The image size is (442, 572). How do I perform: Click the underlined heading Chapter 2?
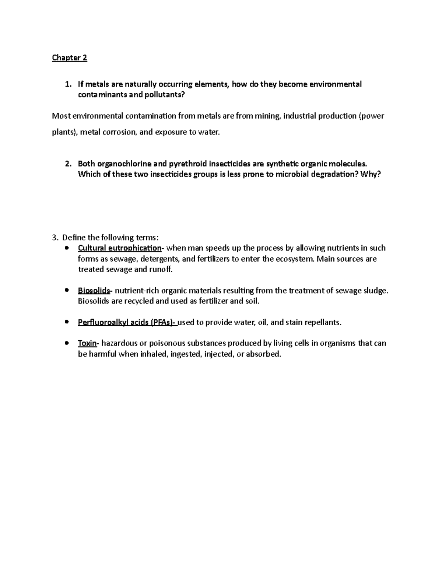tap(70, 58)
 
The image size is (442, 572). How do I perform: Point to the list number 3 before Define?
tap(55, 237)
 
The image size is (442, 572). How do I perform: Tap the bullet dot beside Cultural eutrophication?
tap(67, 248)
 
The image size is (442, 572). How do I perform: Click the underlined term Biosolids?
tap(94, 291)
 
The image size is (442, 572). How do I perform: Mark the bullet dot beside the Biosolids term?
tap(67, 290)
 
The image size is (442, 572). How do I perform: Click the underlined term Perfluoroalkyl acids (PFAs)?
tap(127, 323)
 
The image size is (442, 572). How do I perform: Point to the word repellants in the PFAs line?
tap(323, 323)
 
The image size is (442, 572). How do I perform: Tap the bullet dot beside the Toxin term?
tap(67, 343)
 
